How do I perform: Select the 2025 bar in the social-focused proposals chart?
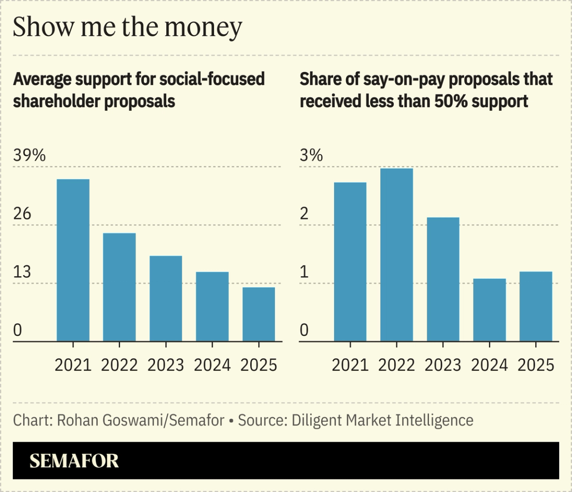tap(259, 314)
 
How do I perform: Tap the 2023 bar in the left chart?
tap(166, 298)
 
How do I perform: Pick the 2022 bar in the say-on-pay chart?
tap(396, 254)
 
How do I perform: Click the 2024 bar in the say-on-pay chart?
tap(489, 310)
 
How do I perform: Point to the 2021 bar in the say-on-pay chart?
tap(350, 261)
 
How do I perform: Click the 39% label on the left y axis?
tap(29, 156)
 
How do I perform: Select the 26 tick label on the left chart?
tap(22, 214)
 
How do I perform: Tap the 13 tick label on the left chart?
tap(22, 272)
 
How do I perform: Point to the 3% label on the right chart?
tap(311, 156)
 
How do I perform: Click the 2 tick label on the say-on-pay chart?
tap(304, 214)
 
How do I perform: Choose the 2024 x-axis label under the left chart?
tap(212, 365)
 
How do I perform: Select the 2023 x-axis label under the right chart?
tap(443, 365)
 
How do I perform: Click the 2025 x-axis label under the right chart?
tap(536, 365)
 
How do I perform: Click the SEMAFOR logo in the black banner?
tap(74, 461)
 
